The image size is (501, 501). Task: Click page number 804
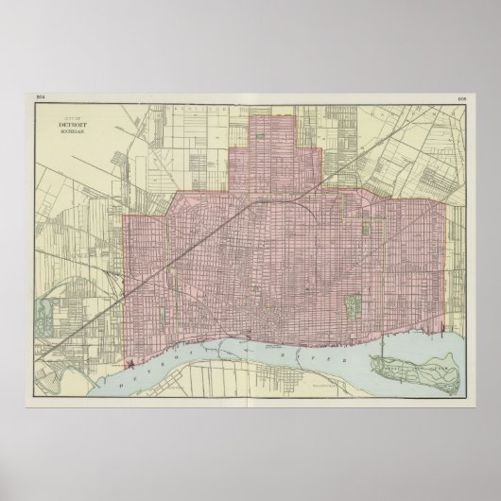click(x=40, y=97)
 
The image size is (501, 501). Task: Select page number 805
click(x=462, y=97)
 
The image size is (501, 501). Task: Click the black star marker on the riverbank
click(x=126, y=363)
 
